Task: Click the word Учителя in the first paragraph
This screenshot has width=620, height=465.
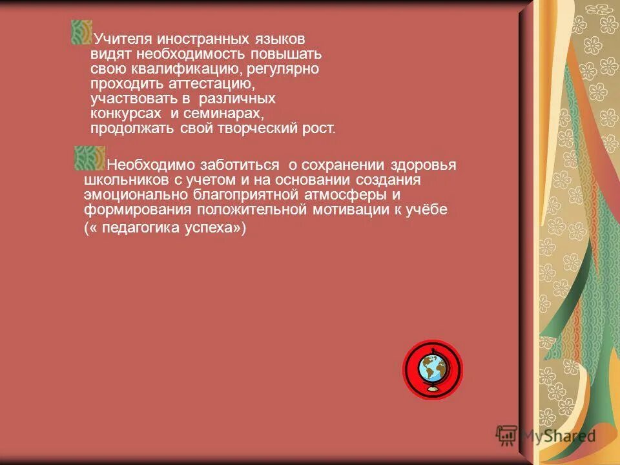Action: tap(118, 40)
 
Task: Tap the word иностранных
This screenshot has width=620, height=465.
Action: tap(192, 40)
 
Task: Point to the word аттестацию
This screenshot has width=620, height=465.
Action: tap(211, 84)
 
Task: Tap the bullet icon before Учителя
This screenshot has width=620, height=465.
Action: tap(81, 32)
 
